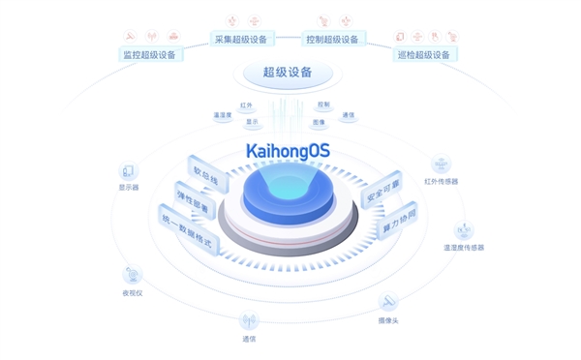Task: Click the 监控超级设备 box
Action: (149, 55)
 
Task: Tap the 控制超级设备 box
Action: (332, 40)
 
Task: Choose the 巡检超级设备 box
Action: (424, 55)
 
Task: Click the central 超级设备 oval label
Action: (287, 73)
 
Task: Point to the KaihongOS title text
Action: (288, 151)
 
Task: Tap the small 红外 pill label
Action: (246, 105)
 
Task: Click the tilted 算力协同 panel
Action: (398, 222)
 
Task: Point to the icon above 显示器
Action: (129, 172)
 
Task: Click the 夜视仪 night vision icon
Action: (133, 276)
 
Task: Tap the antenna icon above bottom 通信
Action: (249, 320)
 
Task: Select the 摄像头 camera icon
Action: (388, 303)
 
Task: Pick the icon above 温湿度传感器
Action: (464, 231)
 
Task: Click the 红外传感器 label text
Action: (442, 182)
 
